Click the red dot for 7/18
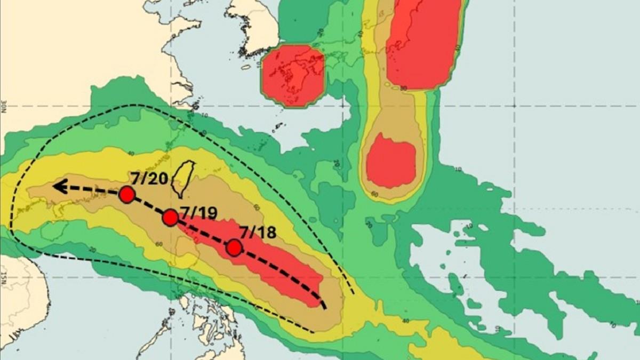click(234, 247)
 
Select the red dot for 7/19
click(170, 217)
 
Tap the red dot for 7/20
click(126, 195)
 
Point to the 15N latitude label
click(4, 277)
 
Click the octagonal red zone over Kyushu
click(293, 75)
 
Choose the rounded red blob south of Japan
click(391, 161)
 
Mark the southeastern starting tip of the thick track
click(324, 306)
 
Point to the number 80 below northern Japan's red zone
click(404, 89)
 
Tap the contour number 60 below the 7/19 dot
click(160, 244)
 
